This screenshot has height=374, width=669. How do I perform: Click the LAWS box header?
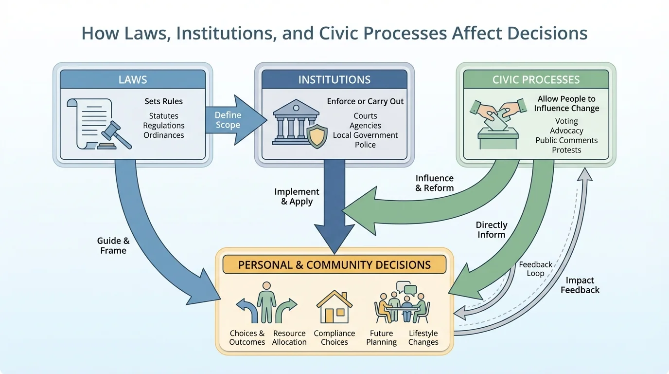click(132, 79)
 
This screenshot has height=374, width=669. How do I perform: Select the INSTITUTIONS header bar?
click(334, 79)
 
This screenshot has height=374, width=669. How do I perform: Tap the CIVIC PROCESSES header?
click(536, 79)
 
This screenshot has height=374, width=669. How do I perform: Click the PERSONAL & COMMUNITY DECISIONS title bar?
click(334, 265)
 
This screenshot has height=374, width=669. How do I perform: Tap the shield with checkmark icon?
click(317, 136)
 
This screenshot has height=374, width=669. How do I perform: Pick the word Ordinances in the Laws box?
click(163, 135)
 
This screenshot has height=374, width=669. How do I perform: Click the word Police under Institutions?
click(365, 145)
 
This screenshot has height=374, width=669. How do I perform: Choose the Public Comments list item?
click(566, 140)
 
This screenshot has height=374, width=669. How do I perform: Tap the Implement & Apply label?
click(297, 196)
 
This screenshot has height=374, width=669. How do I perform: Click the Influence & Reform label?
click(434, 183)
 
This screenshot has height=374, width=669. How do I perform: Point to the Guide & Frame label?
click(113, 245)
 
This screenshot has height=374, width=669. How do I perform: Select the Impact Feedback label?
click(580, 285)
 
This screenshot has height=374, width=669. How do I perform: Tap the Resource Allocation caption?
click(289, 337)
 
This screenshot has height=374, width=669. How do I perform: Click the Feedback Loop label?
click(535, 269)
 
